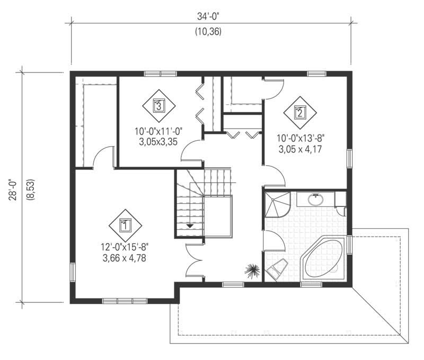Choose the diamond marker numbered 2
(299, 112)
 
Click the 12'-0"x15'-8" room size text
(125, 247)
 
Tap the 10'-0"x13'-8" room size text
(300, 138)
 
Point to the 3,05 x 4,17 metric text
(300, 149)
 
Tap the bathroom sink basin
(316, 200)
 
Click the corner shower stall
(277, 204)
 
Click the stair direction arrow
(189, 226)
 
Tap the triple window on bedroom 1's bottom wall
(125, 300)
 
